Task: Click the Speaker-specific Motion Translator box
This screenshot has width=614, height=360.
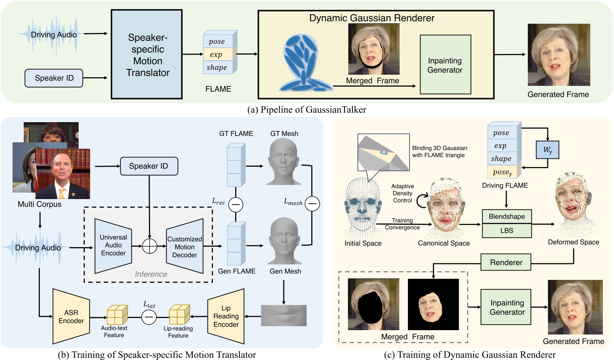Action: [146, 54]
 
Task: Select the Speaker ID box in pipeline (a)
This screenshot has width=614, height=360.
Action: [54, 78]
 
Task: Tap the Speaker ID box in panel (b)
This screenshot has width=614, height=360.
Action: [149, 166]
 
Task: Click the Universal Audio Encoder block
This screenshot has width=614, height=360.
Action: [113, 245]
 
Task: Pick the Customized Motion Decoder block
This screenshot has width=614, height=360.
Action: [185, 247]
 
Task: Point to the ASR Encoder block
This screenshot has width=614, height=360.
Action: [71, 317]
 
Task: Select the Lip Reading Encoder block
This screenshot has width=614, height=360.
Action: [226, 317]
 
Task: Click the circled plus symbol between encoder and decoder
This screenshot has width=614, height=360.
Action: [149, 246]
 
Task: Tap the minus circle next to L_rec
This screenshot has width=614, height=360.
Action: [236, 204]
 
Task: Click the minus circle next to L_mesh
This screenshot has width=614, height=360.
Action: [312, 204]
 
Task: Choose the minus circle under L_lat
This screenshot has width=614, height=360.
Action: [149, 317]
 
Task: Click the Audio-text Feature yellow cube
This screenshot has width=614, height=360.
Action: [117, 315]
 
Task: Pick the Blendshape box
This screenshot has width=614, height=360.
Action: [507, 217]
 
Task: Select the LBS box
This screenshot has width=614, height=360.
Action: [507, 231]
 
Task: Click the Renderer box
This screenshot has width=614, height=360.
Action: [506, 263]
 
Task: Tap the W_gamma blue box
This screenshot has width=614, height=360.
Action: [547, 150]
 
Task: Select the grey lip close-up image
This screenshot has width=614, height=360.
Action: [284, 315]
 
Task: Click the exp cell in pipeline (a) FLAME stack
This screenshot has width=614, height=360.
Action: [217, 55]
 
